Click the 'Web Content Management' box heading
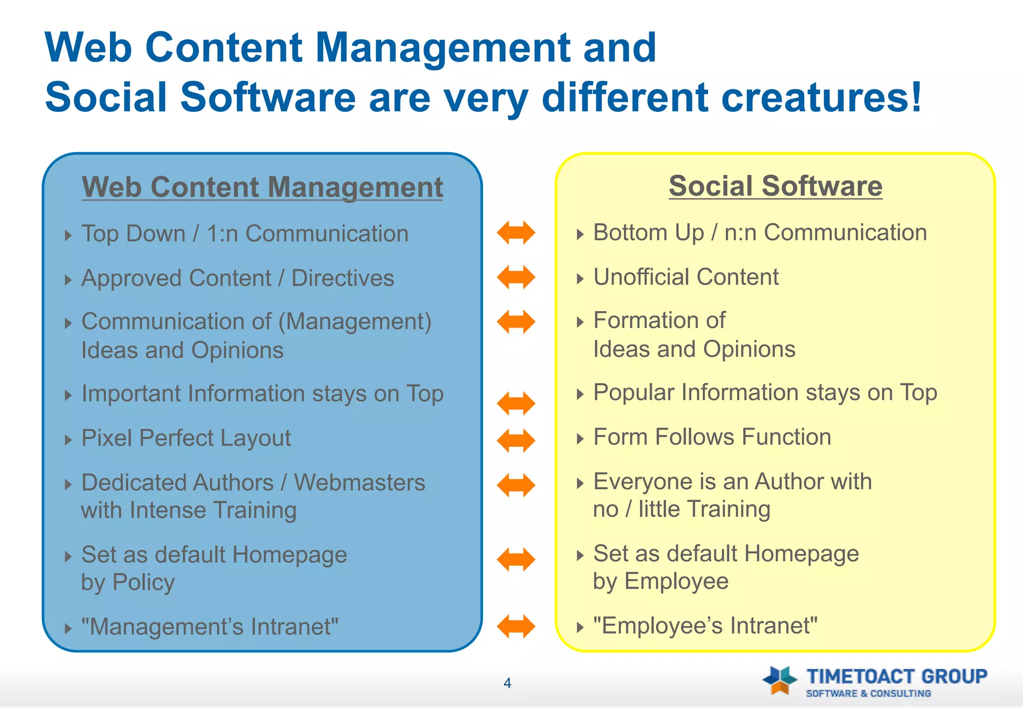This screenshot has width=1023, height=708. point(262,187)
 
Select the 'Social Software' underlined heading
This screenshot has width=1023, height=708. point(775,186)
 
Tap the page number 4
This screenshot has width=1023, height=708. point(508,683)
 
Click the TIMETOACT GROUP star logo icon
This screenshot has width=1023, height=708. point(780,680)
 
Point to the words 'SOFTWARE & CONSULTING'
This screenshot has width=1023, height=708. point(868,694)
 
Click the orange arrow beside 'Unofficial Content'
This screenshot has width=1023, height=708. point(516,277)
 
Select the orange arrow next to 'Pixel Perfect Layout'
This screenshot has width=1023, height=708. point(516,440)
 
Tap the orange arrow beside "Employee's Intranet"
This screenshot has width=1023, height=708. point(516,626)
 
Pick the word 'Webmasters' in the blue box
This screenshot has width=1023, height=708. point(359,483)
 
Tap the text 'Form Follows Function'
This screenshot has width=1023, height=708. point(712,437)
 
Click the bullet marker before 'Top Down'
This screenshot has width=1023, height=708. point(68,235)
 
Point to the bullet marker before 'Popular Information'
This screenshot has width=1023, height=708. point(580,394)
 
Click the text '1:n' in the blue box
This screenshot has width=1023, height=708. point(222,234)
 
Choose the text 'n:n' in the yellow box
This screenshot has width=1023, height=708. point(740,233)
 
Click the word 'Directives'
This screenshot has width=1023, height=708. point(343,279)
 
